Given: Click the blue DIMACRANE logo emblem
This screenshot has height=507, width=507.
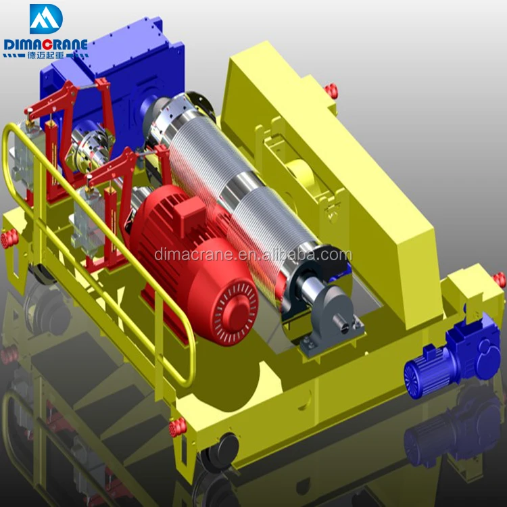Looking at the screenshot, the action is (x=46, y=19).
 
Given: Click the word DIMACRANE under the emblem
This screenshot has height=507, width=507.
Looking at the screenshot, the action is (x=45, y=45).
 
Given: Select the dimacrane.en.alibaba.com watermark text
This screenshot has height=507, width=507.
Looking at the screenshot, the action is (x=253, y=255).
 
